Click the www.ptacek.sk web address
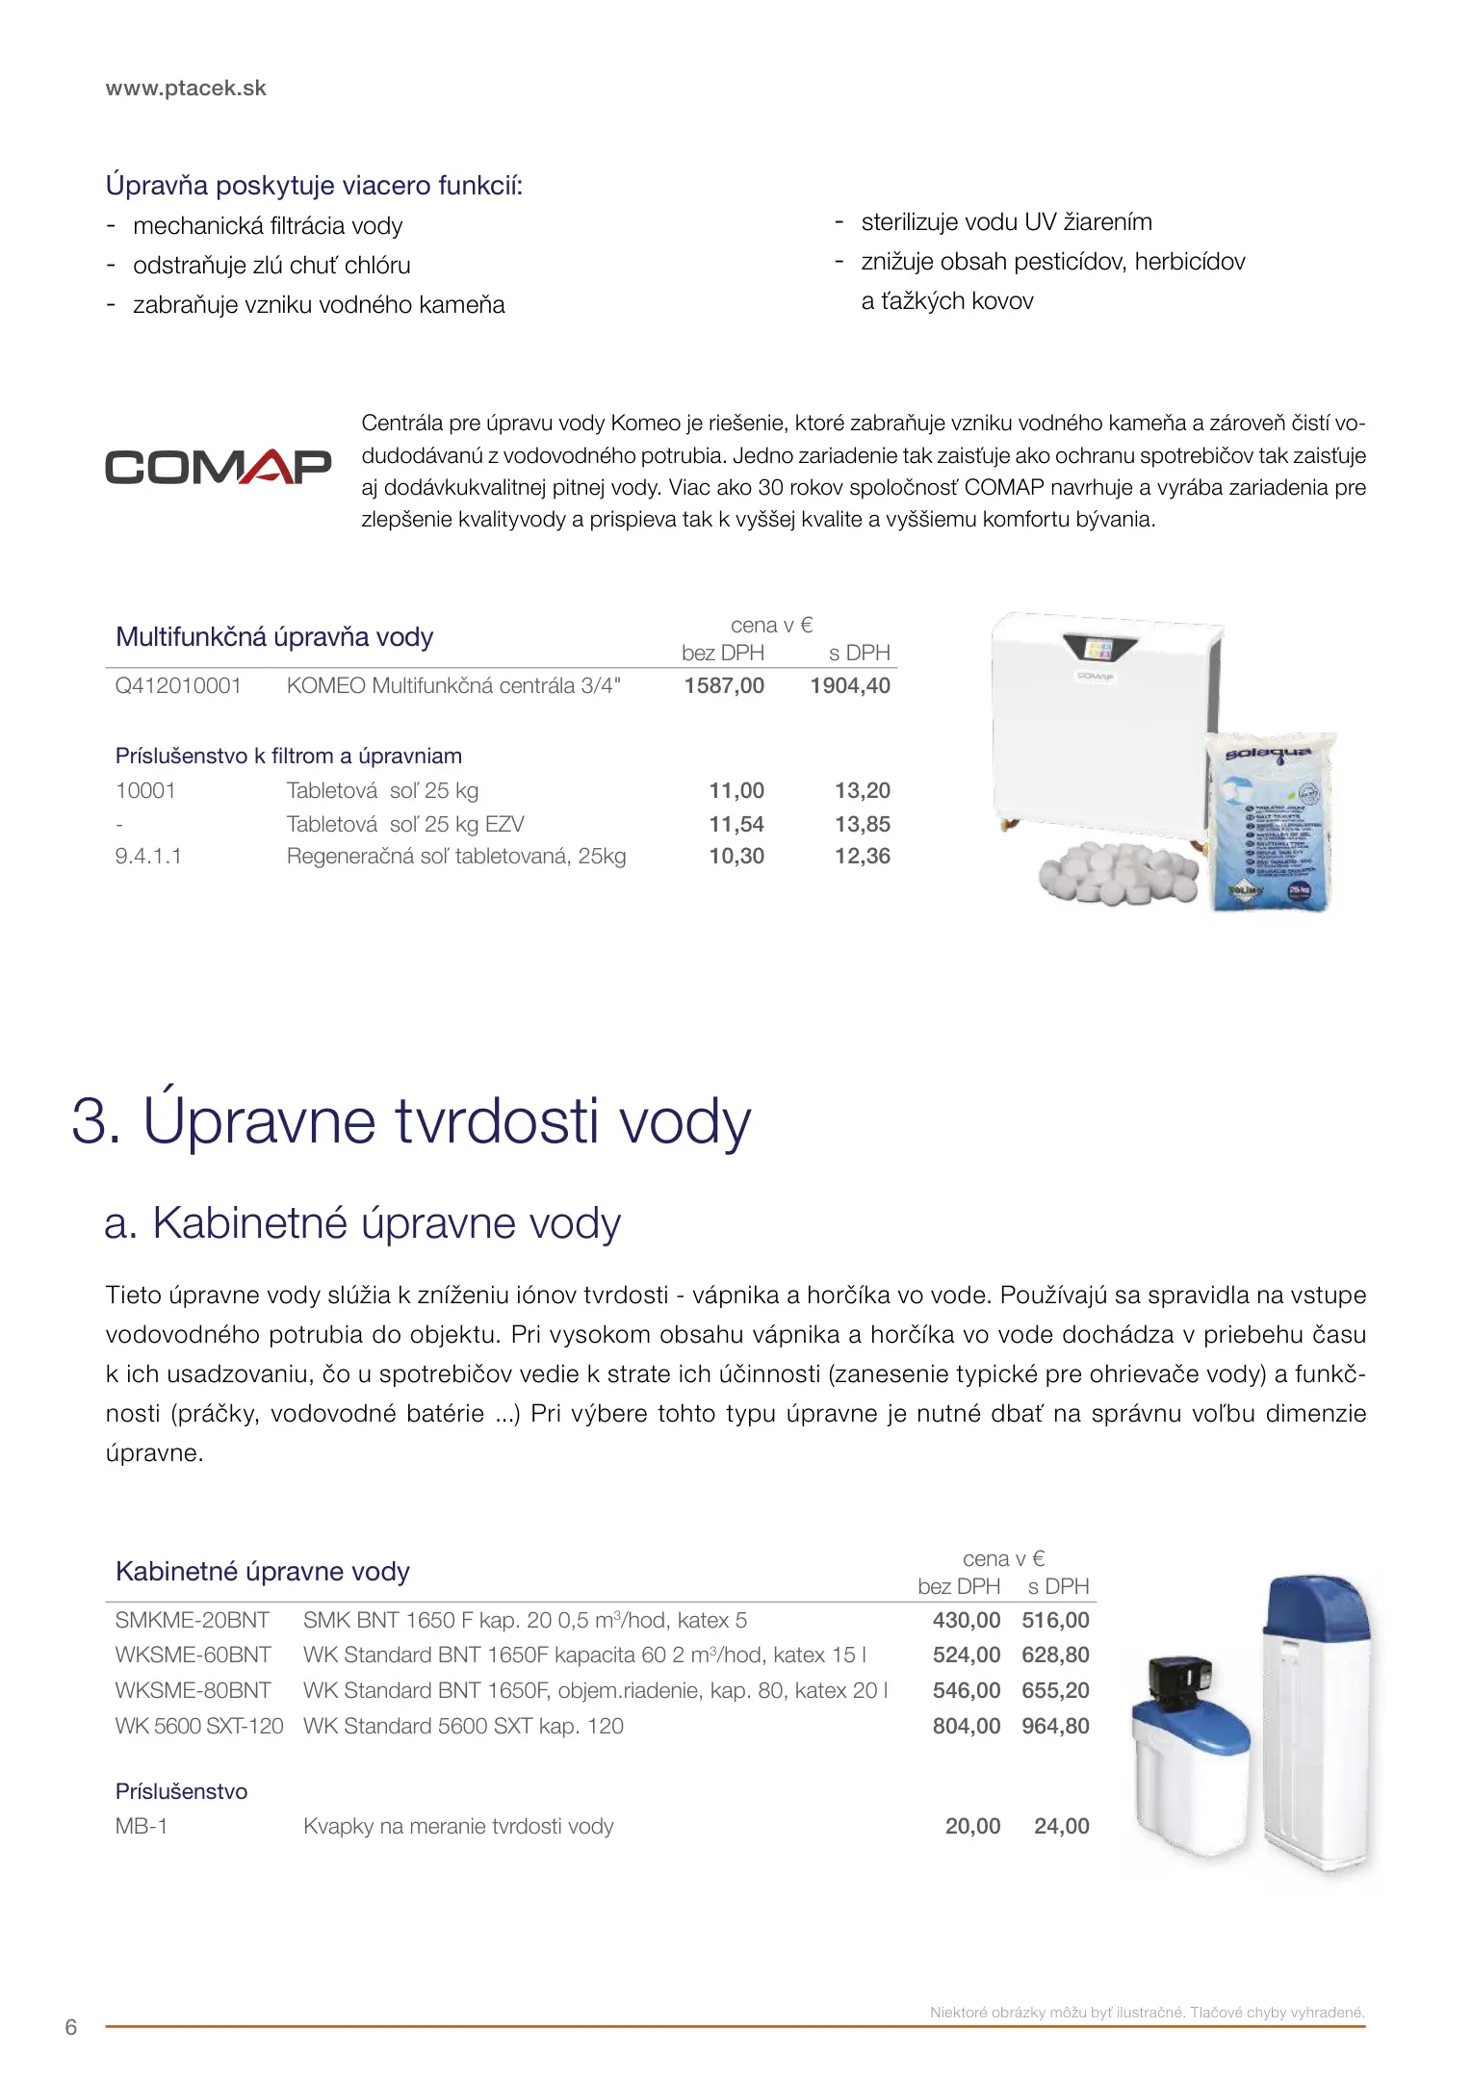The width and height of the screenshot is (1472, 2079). coord(186,88)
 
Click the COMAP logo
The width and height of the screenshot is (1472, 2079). coord(218,467)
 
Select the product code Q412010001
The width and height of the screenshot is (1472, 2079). coord(178,685)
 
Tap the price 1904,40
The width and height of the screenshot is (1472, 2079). coord(850,685)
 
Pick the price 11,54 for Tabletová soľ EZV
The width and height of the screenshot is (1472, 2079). coord(736,824)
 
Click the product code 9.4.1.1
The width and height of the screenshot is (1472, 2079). coord(148,856)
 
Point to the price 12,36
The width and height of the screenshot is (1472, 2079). coord(862,856)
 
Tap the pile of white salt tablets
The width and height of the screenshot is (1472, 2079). coord(1117,872)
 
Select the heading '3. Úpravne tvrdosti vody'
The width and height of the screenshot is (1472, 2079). coord(411,1121)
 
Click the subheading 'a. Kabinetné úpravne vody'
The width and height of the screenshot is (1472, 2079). coord(362,1223)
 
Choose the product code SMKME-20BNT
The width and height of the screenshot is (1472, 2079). coord(192,1620)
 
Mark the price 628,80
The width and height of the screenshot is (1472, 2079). coord(1055,1655)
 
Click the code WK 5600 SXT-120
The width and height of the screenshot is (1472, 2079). coord(199,1726)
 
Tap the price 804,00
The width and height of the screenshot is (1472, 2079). coord(967,1726)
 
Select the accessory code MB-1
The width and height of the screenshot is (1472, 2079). coord(142,1826)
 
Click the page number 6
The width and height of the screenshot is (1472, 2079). coord(70,2027)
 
